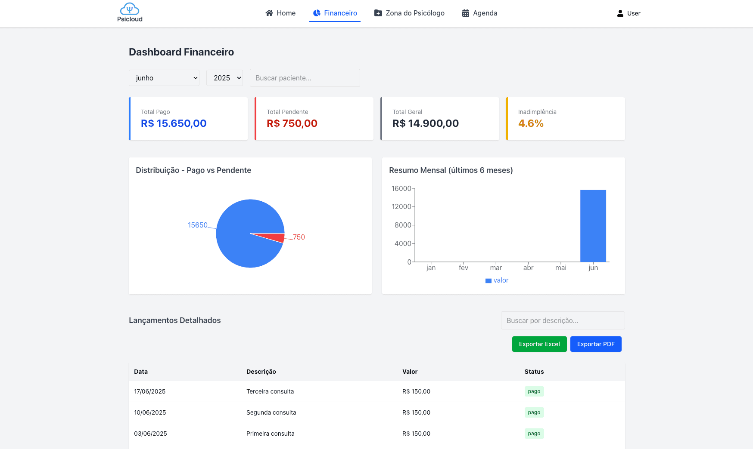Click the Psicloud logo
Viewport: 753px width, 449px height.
pyautogui.click(x=130, y=12)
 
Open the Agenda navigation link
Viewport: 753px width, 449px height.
pyautogui.click(x=479, y=13)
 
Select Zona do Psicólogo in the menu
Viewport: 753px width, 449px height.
pyautogui.click(x=409, y=13)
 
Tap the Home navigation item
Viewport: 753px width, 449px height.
pyautogui.click(x=280, y=13)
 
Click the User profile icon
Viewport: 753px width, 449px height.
pyautogui.click(x=620, y=13)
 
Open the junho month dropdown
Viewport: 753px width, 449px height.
pyautogui.click(x=164, y=78)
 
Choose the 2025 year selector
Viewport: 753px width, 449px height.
pyautogui.click(x=224, y=78)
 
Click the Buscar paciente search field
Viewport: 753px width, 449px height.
pyautogui.click(x=305, y=78)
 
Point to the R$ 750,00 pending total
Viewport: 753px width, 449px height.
pyautogui.click(x=292, y=123)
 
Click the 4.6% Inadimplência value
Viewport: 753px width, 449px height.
pyautogui.click(x=531, y=123)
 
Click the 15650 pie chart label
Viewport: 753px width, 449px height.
pyautogui.click(x=198, y=225)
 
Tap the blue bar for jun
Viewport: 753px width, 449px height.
pyautogui.click(x=593, y=226)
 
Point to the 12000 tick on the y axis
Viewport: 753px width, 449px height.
pyautogui.click(x=401, y=207)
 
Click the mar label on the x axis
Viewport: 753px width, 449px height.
pyautogui.click(x=496, y=268)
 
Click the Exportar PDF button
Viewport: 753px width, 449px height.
pyautogui.click(x=596, y=344)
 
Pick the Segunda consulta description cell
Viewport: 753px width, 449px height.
pyautogui.click(x=271, y=412)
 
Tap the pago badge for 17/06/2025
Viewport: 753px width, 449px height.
pyautogui.click(x=534, y=391)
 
